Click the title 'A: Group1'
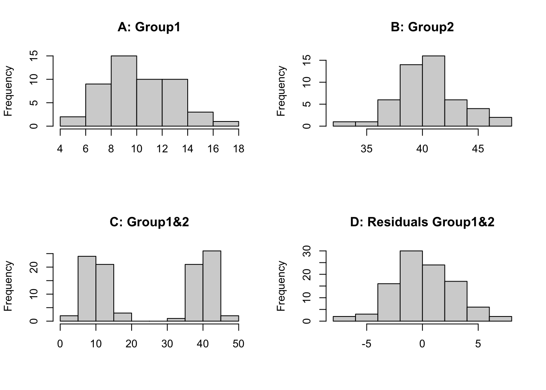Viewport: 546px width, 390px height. (149, 27)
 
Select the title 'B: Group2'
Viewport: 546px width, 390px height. (422, 27)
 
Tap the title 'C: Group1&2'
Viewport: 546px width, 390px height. (149, 222)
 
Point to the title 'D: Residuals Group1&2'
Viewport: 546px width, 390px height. (422, 222)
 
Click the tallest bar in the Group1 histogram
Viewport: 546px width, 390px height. (124, 91)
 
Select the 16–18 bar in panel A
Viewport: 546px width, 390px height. (226, 123)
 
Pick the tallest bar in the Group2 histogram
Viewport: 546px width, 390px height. (433, 91)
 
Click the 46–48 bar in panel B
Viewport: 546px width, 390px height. (500, 121)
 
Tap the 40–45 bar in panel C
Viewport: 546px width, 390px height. (212, 286)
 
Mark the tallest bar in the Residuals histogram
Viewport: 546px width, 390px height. (411, 286)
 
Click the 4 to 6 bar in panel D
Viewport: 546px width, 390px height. (478, 314)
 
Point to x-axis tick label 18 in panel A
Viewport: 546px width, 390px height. (238, 149)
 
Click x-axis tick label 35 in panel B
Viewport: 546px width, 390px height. (366, 149)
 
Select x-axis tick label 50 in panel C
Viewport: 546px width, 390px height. (238, 344)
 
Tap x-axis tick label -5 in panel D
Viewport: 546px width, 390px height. (366, 344)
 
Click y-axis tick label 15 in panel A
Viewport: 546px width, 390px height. (35, 56)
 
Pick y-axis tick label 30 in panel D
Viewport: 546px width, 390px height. (308, 251)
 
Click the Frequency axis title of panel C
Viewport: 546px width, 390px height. (9, 286)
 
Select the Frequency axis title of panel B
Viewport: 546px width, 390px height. (281, 91)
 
